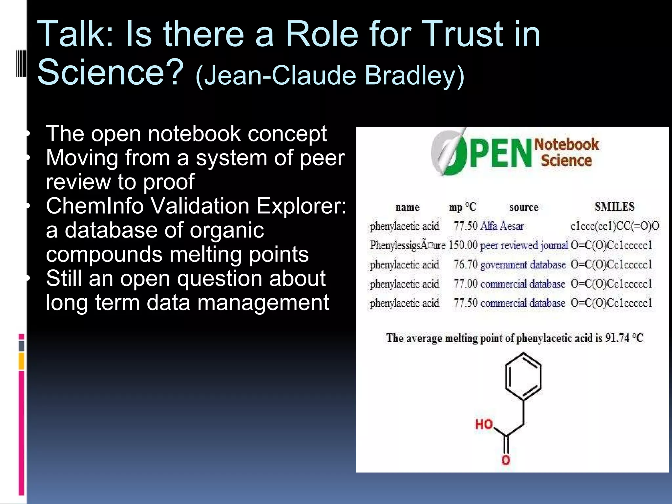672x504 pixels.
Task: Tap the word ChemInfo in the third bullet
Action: [95, 206]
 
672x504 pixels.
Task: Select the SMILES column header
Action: [614, 207]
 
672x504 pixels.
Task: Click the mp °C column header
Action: [462, 207]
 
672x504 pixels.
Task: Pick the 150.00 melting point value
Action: [463, 245]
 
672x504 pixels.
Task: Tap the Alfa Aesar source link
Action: [502, 226]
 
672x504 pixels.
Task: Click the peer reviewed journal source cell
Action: [523, 245]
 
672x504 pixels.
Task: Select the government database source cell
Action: [523, 264]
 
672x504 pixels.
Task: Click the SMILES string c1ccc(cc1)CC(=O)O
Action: [615, 226]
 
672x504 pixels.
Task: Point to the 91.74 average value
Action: [617, 338]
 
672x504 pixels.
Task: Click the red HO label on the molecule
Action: [484, 424]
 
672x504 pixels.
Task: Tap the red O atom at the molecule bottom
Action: [506, 460]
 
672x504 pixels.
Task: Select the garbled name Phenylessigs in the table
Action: [407, 245]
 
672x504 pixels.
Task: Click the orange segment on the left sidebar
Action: [21, 361]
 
